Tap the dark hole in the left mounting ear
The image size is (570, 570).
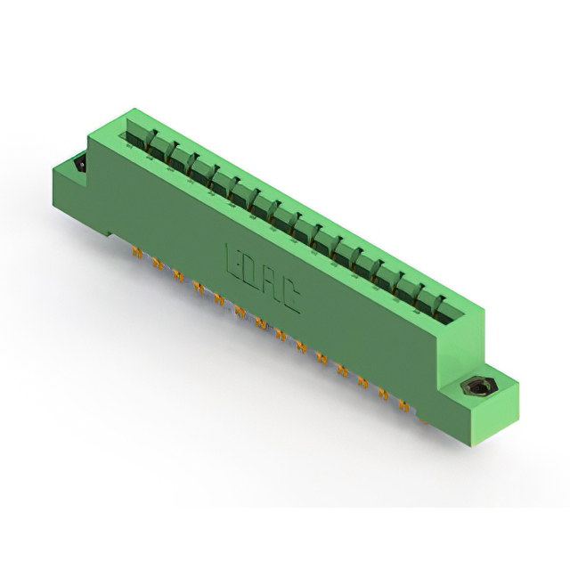pos(81,164)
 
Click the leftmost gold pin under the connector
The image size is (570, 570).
pos(136,252)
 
